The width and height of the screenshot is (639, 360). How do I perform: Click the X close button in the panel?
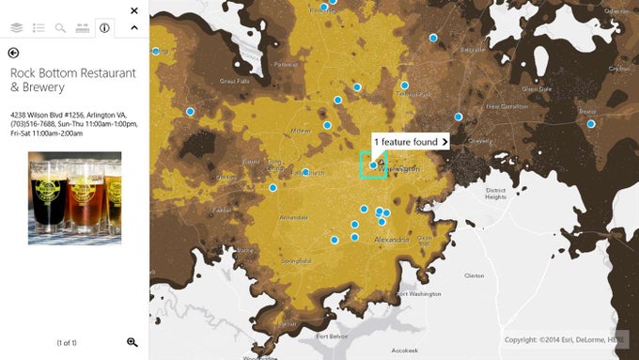pyautogui.click(x=133, y=11)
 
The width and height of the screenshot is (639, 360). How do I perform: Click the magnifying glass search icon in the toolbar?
pyautogui.click(x=61, y=28)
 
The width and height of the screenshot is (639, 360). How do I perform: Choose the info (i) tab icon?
pyautogui.click(x=104, y=28)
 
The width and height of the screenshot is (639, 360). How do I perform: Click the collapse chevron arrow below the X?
pyautogui.click(x=133, y=28)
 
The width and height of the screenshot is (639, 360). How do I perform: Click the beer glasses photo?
pyautogui.click(x=74, y=197)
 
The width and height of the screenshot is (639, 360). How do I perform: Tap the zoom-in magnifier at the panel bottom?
pyautogui.click(x=132, y=342)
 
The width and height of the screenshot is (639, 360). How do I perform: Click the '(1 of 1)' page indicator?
pyautogui.click(x=67, y=343)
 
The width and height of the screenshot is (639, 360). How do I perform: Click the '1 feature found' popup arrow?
pyautogui.click(x=444, y=142)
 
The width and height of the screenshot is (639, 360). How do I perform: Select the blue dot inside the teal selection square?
pyautogui.click(x=373, y=164)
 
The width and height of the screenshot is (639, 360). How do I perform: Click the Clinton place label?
pyautogui.click(x=475, y=275)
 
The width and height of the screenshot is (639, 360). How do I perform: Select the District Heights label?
pyautogui.click(x=495, y=193)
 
